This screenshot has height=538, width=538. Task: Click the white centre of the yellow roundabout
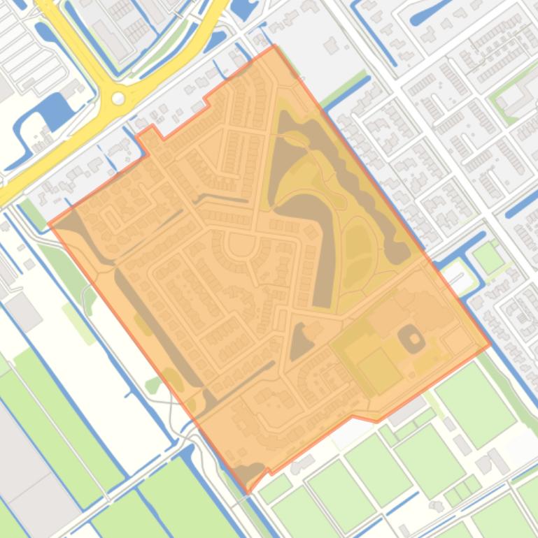coord(118,99)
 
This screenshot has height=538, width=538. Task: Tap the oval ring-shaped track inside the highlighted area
coord(411,340)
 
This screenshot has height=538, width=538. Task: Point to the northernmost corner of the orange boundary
coord(274,47)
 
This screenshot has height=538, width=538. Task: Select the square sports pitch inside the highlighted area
coord(380,370)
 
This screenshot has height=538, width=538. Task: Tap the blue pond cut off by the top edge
coord(243,8)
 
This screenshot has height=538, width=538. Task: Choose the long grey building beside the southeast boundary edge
coord(408,412)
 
